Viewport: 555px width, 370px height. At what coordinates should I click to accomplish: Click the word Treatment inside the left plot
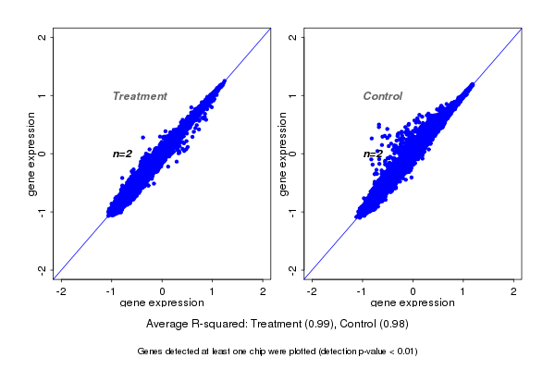coord(140,96)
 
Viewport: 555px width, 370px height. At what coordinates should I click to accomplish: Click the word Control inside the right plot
coord(383,96)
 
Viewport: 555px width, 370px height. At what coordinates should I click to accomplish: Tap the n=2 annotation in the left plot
coord(123,154)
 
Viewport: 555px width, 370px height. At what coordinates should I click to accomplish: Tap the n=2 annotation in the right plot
coord(373,154)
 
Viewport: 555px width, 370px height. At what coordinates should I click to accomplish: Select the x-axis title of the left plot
coord(162,303)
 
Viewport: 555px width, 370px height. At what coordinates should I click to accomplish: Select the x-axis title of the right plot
coord(413,303)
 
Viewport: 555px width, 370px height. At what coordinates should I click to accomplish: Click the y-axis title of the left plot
coord(33,154)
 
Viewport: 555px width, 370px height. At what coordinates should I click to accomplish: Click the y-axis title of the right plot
coord(283,154)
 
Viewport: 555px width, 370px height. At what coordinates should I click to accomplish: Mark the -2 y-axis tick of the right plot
coord(293,269)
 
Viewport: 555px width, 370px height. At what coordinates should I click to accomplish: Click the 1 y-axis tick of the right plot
coord(293,95)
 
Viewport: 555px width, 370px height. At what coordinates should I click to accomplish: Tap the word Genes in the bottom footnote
coord(150,351)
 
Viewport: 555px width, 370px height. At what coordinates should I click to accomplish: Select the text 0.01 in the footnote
coord(405,351)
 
